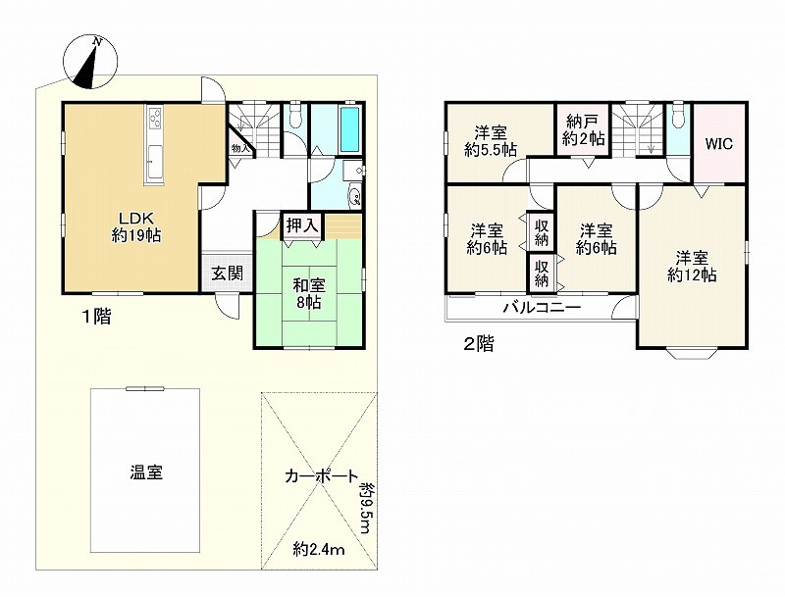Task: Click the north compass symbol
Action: coord(90,62)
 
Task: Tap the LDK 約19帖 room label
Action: coord(135,227)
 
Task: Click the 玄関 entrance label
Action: coord(227,274)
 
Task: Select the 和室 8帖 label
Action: coord(309,293)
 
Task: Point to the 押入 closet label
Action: coord(302,225)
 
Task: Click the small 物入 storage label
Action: coord(239,148)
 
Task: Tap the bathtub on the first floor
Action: coord(350,129)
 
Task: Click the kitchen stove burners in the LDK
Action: coord(155,119)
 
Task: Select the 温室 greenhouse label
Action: coord(146,472)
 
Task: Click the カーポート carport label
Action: coord(322,476)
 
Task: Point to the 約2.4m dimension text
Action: coord(319,550)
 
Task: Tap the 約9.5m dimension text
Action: coord(366,508)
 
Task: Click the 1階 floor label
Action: coord(97,317)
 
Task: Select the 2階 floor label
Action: coord(479,344)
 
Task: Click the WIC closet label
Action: coord(719,144)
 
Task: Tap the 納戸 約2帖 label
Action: coord(583,130)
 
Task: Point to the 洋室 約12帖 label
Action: coord(693,267)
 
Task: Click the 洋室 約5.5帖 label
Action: coord(491,141)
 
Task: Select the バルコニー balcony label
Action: coord(542,307)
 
